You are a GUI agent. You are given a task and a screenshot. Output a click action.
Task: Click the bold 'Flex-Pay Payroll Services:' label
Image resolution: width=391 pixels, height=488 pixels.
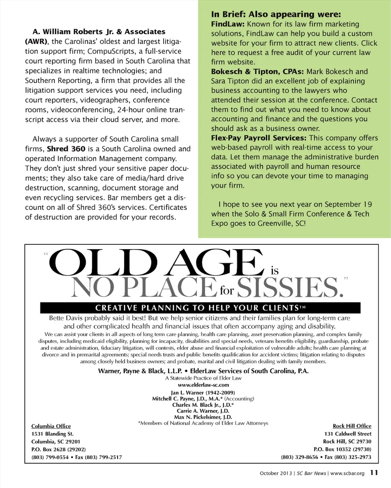259,138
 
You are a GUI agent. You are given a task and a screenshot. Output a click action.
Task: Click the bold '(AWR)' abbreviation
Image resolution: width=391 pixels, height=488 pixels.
36,41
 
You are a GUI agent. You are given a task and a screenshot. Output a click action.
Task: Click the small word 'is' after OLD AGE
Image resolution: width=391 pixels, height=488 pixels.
275,270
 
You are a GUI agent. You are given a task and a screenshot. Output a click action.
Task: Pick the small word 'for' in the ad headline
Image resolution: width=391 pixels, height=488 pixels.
227,291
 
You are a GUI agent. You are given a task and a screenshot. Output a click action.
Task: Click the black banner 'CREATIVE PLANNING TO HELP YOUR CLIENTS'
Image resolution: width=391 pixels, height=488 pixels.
200,307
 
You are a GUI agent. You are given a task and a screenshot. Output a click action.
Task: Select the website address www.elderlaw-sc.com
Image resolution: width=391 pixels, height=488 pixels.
203,385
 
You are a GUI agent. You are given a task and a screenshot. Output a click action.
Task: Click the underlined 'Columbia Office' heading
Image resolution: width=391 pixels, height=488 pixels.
51,426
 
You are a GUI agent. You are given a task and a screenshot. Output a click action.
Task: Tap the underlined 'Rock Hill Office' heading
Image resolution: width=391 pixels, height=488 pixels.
352,426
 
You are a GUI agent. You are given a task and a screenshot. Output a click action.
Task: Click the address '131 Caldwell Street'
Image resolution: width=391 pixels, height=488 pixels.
348,434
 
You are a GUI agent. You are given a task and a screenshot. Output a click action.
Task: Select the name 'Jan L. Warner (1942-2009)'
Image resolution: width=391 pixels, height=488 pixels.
203,392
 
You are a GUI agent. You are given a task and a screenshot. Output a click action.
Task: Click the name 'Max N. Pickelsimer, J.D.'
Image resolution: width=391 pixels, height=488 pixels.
203,417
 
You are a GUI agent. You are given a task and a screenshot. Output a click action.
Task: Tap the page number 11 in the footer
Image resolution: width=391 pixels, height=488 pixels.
374,473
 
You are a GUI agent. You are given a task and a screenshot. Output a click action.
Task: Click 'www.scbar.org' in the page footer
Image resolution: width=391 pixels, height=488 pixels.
347,473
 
